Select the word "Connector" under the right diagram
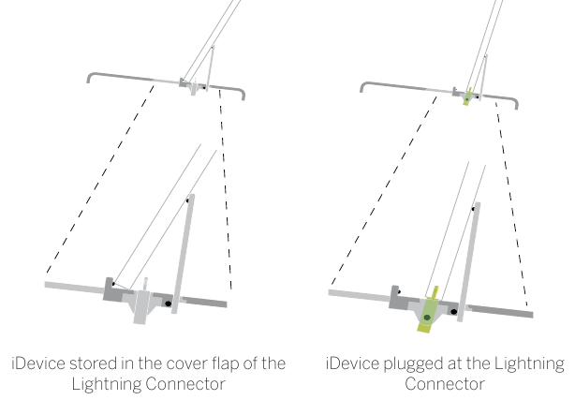click(445, 384)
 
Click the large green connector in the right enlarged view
click(429, 314)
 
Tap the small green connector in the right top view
click(467, 96)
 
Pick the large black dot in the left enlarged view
click(168, 304)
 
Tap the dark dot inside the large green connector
click(427, 319)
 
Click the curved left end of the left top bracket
click(91, 77)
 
